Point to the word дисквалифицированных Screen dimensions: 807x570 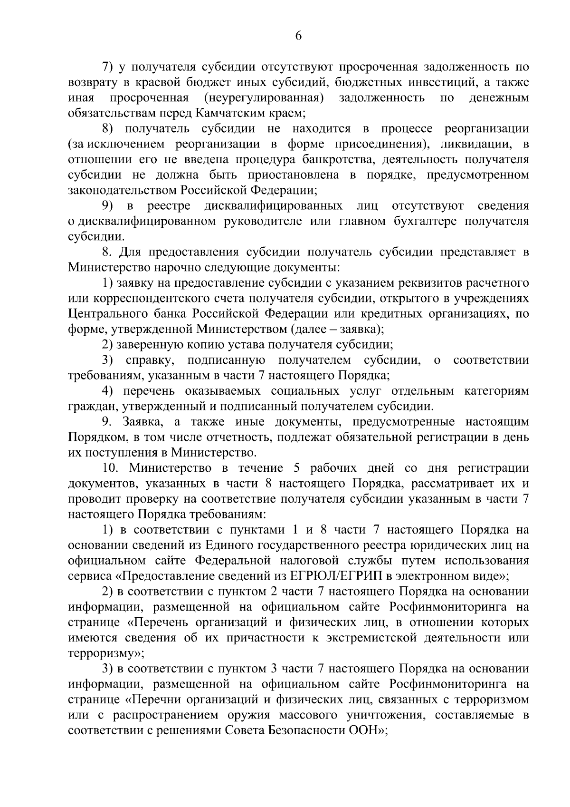[274, 206]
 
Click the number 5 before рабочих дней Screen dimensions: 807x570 [297, 468]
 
